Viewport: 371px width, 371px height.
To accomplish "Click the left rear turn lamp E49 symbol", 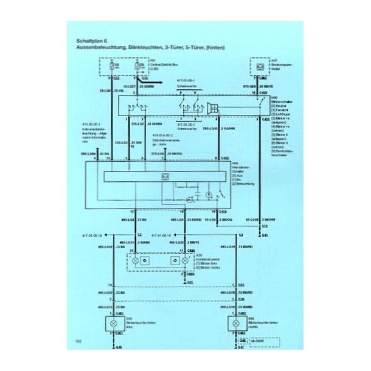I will click(113, 321).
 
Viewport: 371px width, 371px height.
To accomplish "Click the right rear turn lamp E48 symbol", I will click(235, 321).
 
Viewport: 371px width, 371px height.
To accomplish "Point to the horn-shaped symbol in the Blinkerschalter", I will click(212, 108).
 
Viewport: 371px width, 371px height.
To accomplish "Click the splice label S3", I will click(139, 234).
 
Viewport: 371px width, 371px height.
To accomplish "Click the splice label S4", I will click(241, 234).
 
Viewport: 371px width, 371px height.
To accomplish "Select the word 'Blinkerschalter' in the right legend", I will click(281, 100).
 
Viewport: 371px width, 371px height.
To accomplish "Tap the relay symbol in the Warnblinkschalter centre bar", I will click(165, 176).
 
